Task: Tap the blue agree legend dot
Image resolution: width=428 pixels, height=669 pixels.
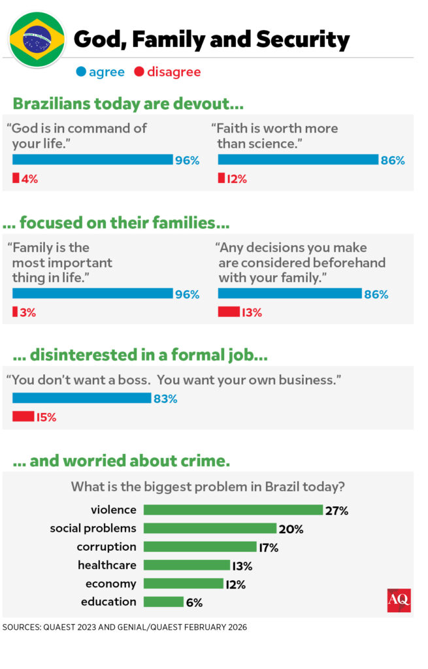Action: click(81, 72)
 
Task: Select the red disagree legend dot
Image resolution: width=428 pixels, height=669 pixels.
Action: click(139, 72)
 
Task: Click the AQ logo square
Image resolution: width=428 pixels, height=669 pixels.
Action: click(399, 600)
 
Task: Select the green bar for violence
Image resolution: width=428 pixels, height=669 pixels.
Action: click(233, 510)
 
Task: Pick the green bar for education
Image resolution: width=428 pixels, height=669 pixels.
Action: click(163, 602)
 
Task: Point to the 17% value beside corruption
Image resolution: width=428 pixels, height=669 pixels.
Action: click(269, 547)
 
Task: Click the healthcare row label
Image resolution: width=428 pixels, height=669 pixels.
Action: click(107, 565)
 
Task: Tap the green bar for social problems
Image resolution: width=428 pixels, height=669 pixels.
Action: click(210, 528)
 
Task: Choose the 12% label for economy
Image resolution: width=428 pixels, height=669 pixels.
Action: click(236, 585)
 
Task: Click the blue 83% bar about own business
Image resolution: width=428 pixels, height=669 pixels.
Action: click(82, 398)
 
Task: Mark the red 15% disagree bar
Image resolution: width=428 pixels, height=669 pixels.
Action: click(24, 416)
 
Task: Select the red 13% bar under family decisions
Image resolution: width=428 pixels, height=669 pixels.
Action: click(229, 312)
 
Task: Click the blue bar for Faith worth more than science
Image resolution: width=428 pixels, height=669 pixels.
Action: click(298, 159)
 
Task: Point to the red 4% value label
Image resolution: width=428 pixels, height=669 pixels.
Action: click(29, 178)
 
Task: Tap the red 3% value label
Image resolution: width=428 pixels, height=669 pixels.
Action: click(28, 312)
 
